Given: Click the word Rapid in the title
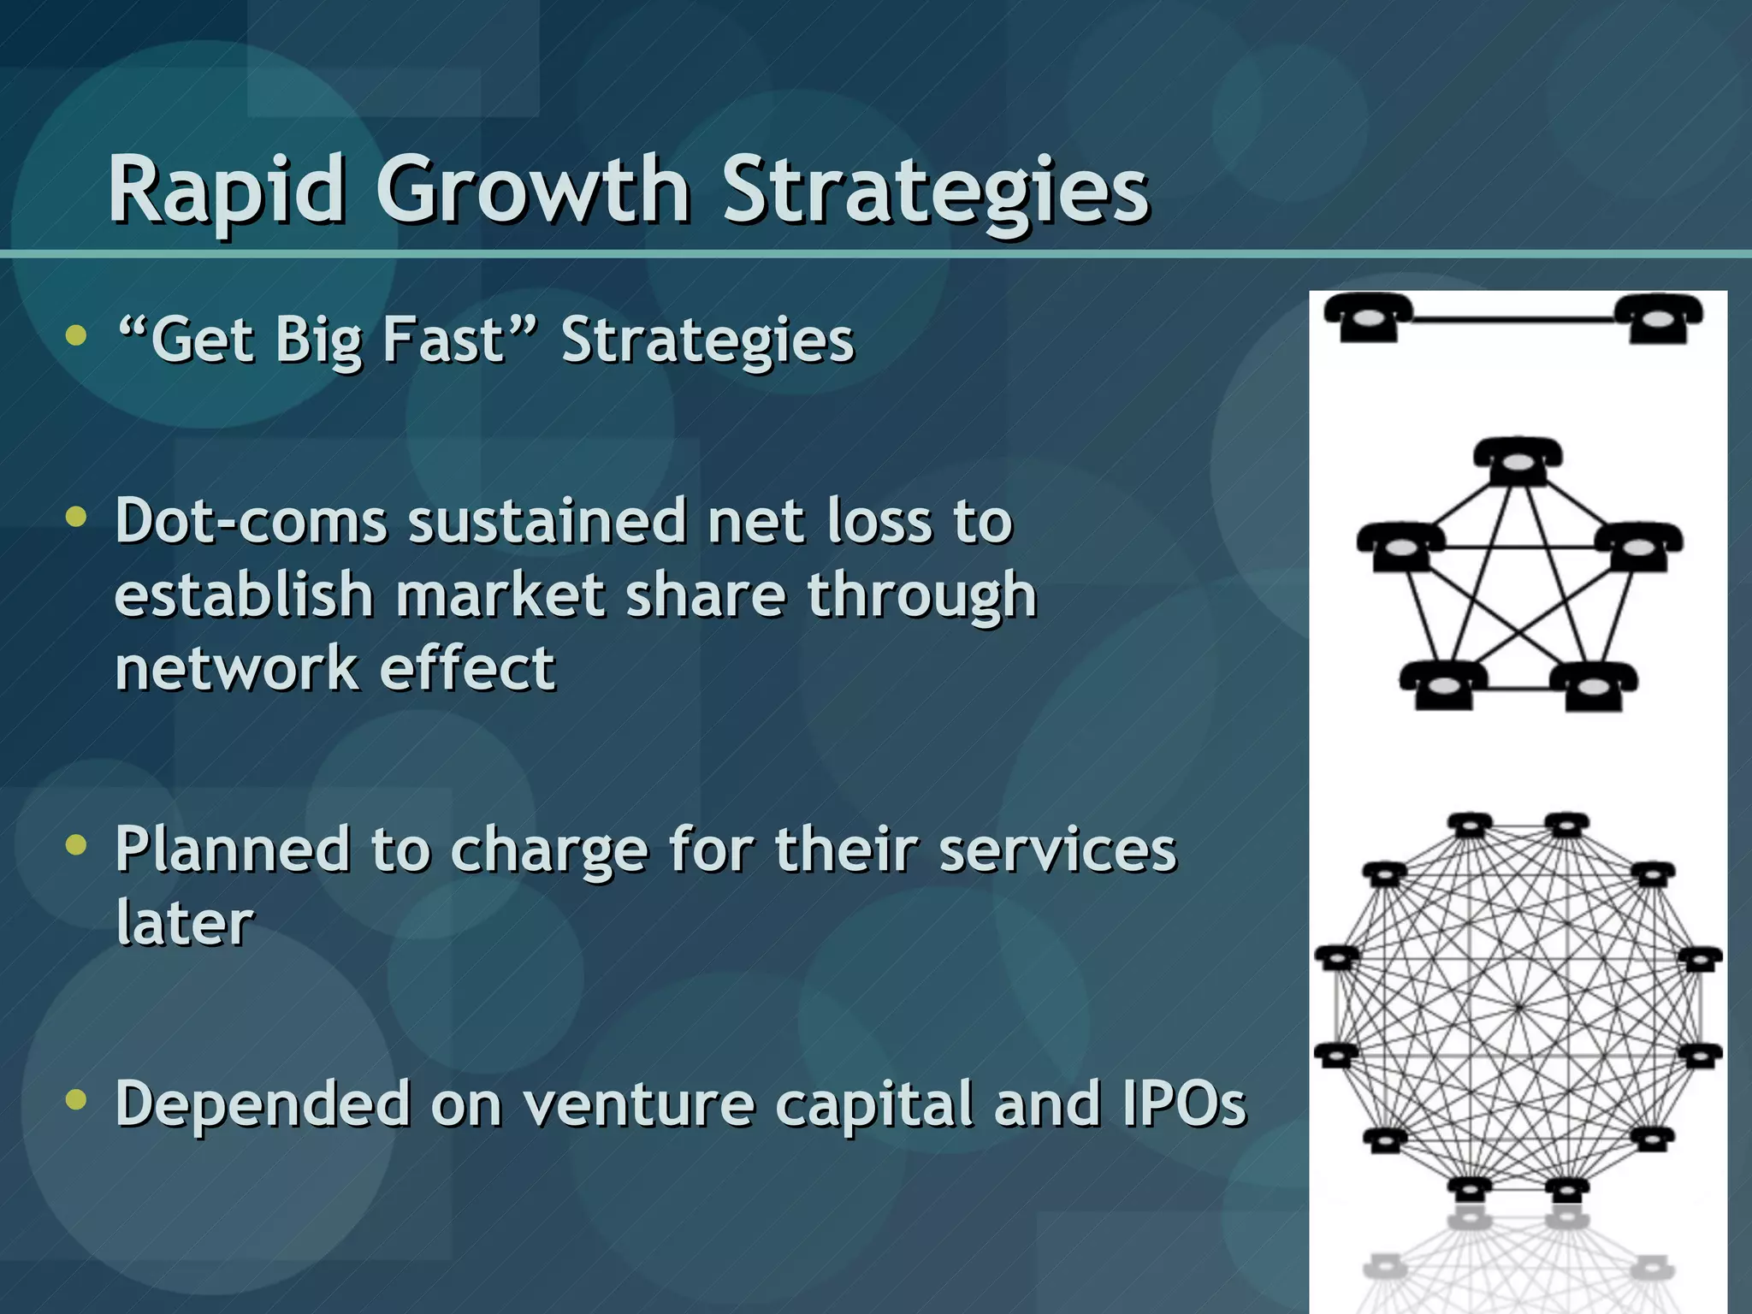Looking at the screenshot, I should click(227, 190).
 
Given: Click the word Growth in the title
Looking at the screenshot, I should click(532, 190).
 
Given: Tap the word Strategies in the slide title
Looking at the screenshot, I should click(936, 190).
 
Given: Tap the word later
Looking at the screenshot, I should click(185, 923).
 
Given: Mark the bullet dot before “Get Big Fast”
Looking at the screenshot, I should click(76, 335).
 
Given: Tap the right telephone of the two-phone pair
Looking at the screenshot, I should click(1658, 317).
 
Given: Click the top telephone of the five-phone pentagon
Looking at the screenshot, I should click(1518, 462).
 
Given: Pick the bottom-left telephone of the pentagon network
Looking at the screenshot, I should click(1442, 685).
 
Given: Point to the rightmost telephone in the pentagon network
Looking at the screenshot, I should click(1638, 547).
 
